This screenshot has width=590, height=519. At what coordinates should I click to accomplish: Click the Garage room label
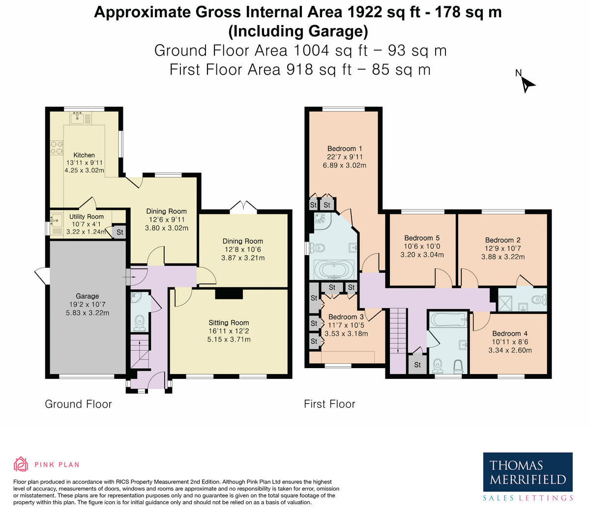pos(87,296)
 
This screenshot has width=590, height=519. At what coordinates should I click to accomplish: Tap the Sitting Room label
pos(229,322)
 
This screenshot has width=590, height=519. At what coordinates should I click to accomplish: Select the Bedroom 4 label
pos(510,334)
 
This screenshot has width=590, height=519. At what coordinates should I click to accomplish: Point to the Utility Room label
pos(87,217)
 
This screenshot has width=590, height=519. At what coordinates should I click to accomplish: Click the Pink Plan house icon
pos(21,464)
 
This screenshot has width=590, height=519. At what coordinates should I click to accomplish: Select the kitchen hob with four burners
pos(57,147)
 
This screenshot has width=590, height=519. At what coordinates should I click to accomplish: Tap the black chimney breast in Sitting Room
pos(229,294)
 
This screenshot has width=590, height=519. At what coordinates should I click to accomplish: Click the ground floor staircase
pos(140,352)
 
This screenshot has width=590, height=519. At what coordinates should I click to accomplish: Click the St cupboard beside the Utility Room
pos(119,232)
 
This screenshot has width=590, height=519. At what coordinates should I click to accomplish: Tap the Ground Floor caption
pos(78,404)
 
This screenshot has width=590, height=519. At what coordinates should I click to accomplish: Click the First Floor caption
pos(329,404)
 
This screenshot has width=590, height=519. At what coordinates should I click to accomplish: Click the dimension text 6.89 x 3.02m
pos(345,165)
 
